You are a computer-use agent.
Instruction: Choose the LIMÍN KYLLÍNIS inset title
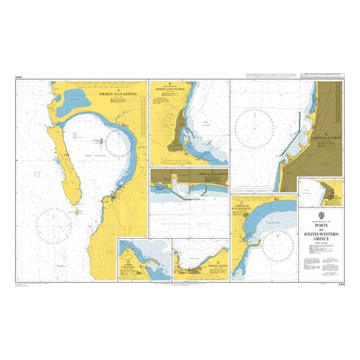(132, 268)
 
